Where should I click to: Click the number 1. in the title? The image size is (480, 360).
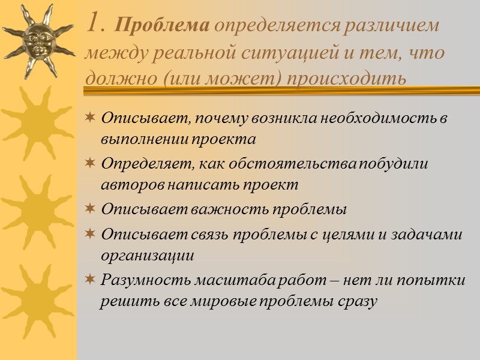click(x=97, y=25)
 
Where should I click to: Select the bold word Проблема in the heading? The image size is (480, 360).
click(x=161, y=27)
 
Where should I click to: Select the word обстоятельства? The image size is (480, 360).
click(x=269, y=164)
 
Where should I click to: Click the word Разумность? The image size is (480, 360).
click(x=139, y=280)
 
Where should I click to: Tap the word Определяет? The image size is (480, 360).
click(x=139, y=164)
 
